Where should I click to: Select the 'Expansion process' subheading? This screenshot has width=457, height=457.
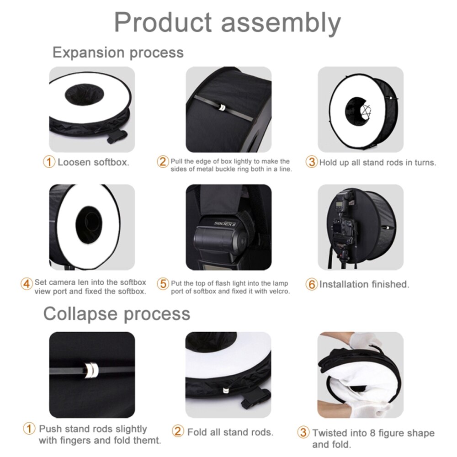coord(118,52)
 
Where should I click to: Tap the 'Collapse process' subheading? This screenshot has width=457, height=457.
coord(117,314)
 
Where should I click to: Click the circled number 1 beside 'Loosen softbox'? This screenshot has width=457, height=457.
coord(49,162)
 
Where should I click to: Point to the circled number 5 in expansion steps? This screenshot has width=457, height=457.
coord(163,284)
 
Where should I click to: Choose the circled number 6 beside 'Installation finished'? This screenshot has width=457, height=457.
coord(312,284)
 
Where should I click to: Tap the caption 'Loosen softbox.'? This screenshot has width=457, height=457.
coord(93,162)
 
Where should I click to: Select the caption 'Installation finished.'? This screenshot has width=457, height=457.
coord(364,284)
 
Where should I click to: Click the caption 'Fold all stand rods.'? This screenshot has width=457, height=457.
coord(230,432)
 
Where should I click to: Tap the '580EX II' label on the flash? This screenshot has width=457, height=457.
coord(224,224)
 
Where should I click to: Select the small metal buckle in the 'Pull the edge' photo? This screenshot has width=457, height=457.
coord(220,107)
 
